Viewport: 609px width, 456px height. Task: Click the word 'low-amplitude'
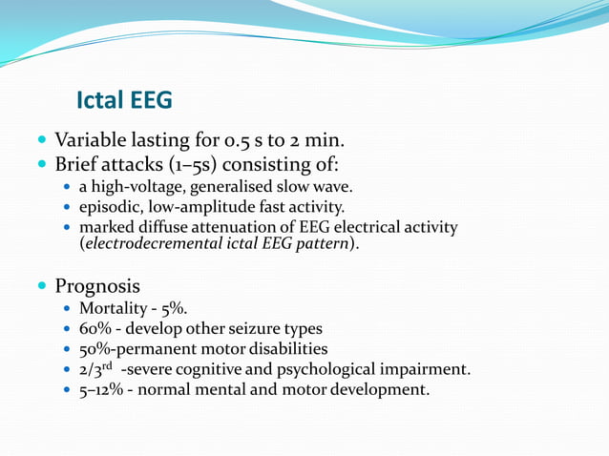196,206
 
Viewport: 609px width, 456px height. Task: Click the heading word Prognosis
97,285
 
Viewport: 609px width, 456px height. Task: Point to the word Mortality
115,309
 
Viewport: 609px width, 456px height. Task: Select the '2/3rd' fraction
96,368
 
